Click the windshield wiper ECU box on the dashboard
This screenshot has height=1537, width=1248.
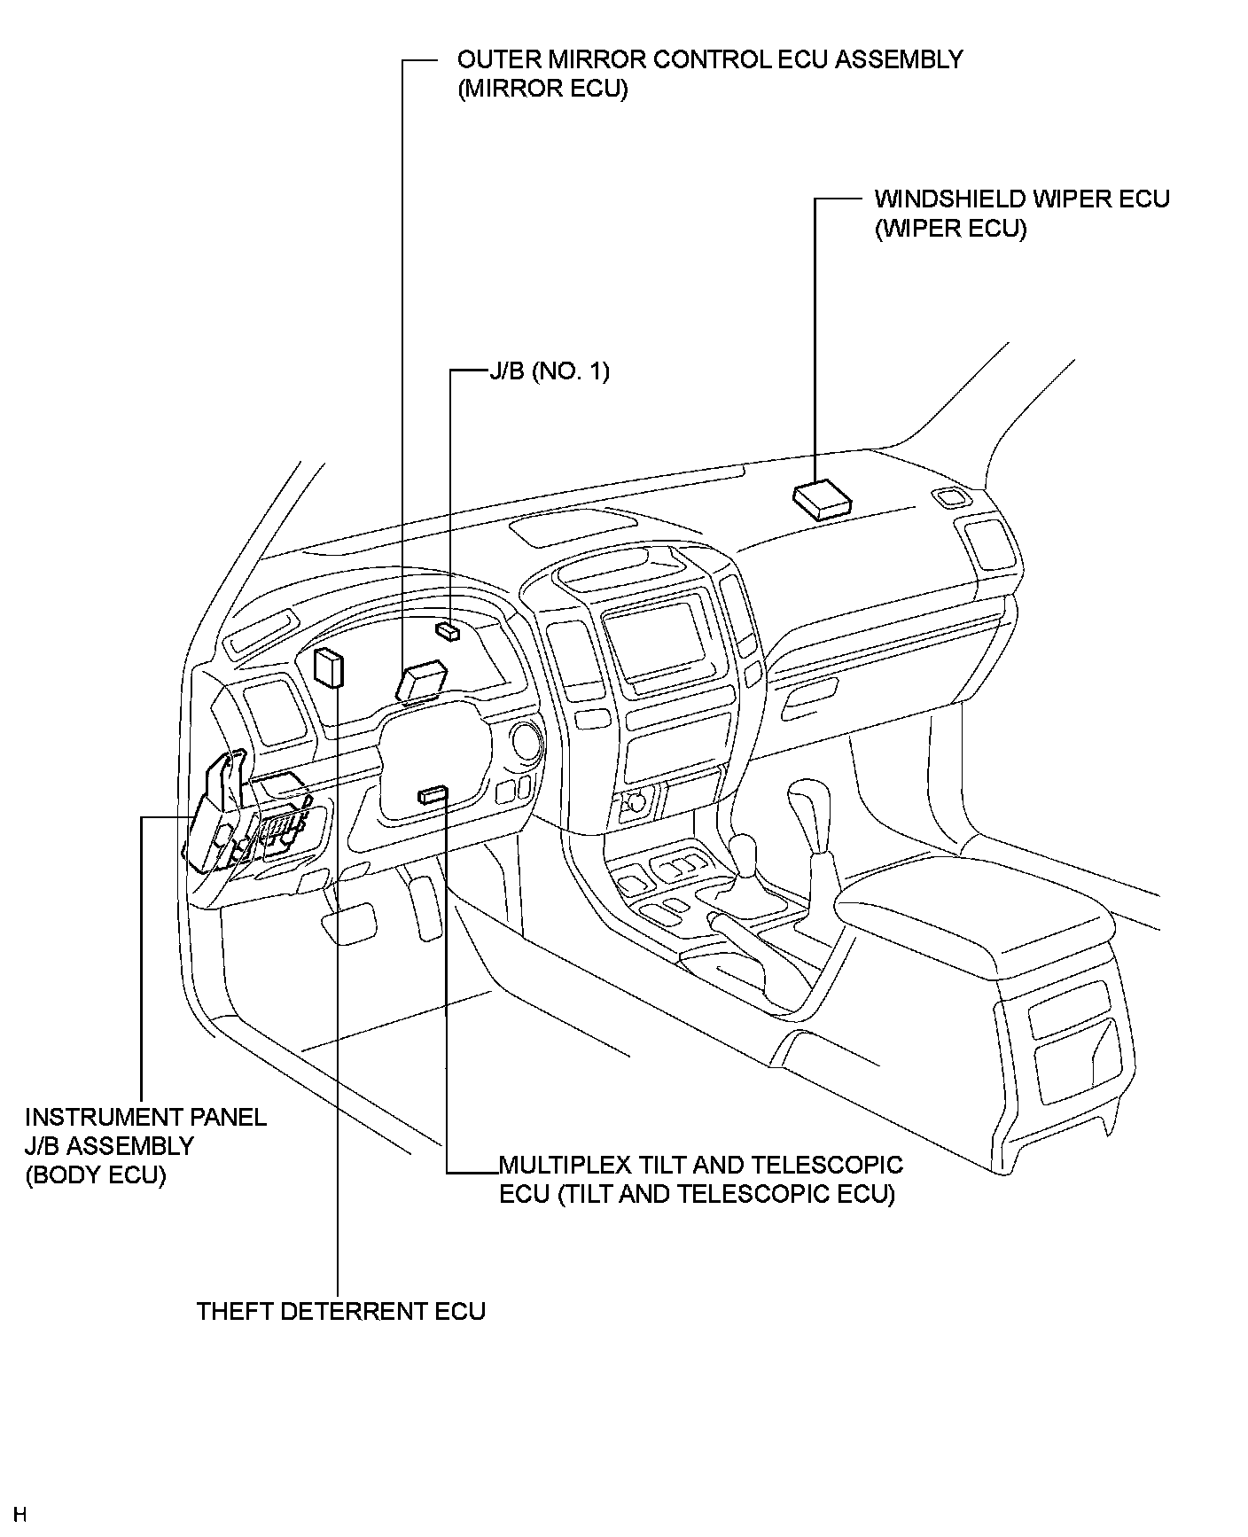(822, 499)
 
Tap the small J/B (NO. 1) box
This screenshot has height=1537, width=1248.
(448, 630)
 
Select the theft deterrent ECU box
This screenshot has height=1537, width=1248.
(328, 667)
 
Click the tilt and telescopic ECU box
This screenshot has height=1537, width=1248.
(433, 795)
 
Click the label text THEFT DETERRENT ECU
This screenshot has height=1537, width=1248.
(340, 1311)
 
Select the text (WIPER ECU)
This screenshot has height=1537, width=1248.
(950, 229)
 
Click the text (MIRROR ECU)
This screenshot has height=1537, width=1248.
(542, 90)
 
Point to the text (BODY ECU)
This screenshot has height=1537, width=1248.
(96, 1175)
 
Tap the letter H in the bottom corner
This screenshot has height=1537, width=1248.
(20, 1513)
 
